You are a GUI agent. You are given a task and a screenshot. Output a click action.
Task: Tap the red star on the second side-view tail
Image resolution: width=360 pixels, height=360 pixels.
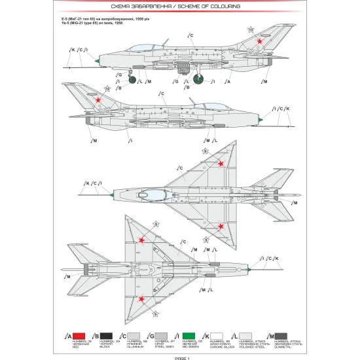pos(99,100)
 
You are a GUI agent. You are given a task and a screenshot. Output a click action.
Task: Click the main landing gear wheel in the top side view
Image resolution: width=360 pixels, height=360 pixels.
pos(199,80)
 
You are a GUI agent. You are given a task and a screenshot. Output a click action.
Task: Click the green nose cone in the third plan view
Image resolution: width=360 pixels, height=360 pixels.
pos(114,194)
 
